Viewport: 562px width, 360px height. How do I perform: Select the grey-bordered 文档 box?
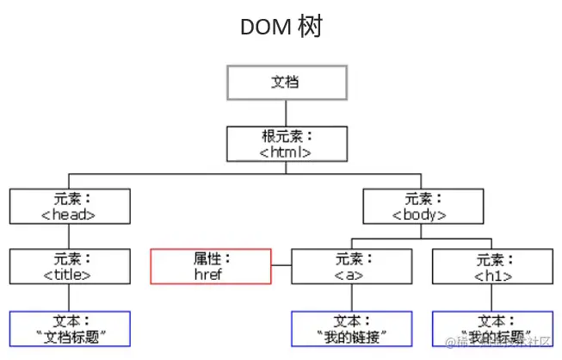coord(287,83)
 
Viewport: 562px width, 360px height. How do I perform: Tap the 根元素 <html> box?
coord(287,144)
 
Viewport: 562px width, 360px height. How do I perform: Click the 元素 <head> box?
coord(70,207)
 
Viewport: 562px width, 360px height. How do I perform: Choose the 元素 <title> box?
coord(70,267)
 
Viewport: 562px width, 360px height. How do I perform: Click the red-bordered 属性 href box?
coord(211,267)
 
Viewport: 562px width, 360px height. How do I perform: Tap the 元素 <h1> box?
coord(492,267)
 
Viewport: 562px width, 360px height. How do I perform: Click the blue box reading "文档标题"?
coord(70,328)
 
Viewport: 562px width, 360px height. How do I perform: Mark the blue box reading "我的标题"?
coord(492,328)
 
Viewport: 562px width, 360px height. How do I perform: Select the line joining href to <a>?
coord(281,267)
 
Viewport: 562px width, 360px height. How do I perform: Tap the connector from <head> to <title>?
coord(70,237)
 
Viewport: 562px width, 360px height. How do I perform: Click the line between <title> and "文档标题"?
coord(70,298)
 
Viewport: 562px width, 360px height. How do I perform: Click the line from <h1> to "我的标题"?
coord(492,298)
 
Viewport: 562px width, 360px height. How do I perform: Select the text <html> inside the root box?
coord(286,152)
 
